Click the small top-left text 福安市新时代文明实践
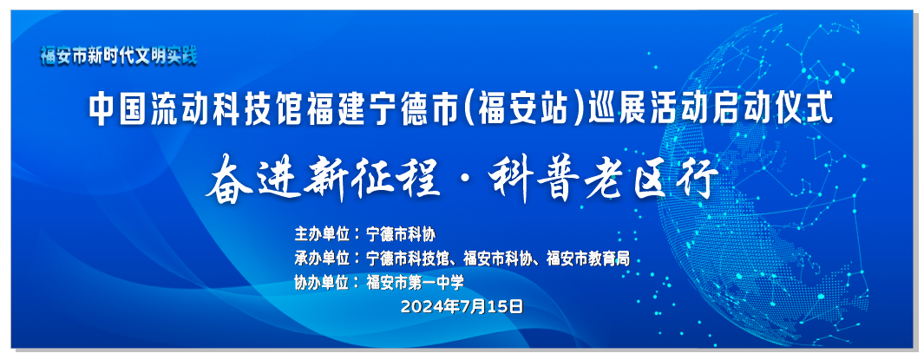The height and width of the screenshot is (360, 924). [x=119, y=56]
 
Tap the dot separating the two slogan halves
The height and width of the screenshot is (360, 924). [x=466, y=178]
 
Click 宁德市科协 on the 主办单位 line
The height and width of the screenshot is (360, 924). [x=401, y=234]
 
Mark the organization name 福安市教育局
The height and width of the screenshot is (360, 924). [x=589, y=258]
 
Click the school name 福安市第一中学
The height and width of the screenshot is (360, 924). [x=415, y=283]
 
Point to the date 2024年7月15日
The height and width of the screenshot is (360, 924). [x=462, y=306]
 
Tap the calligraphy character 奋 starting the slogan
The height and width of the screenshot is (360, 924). [x=229, y=177]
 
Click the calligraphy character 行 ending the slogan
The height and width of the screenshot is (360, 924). [x=698, y=177]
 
